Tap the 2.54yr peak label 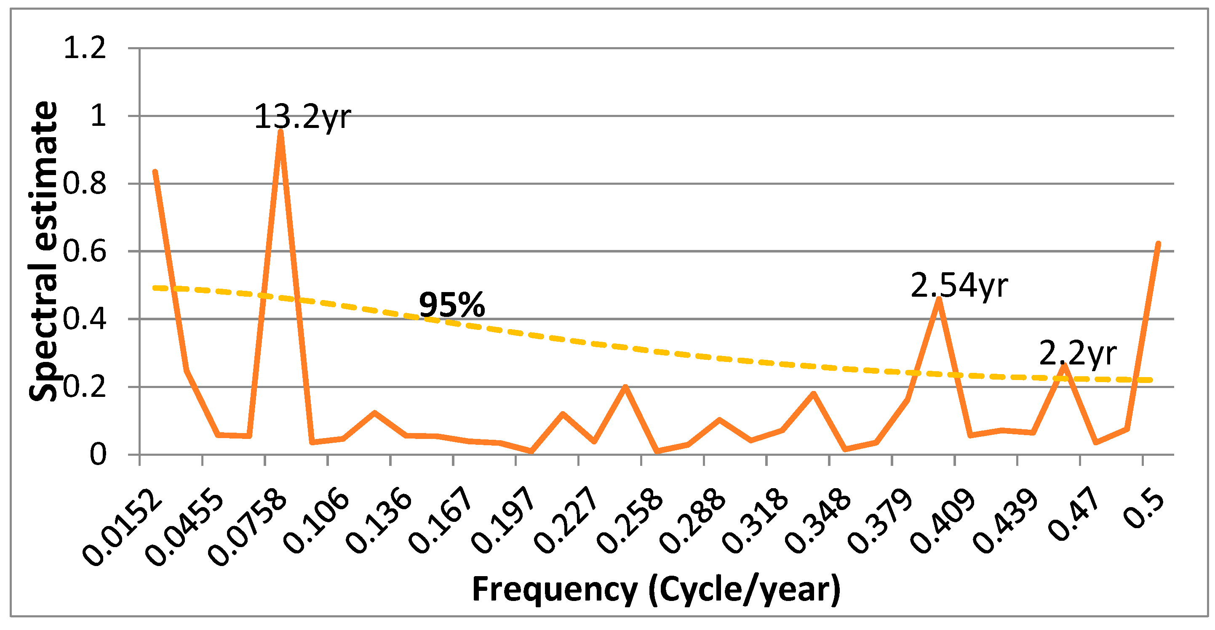[959, 286]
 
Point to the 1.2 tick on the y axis [85, 48]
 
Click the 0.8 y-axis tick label [85, 184]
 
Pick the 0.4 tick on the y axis [85, 319]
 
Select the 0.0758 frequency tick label [248, 528]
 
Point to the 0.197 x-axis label [503, 521]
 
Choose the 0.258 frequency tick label [630, 521]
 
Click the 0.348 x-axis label [817, 521]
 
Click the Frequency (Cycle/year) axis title [656, 590]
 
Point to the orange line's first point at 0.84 [155, 172]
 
